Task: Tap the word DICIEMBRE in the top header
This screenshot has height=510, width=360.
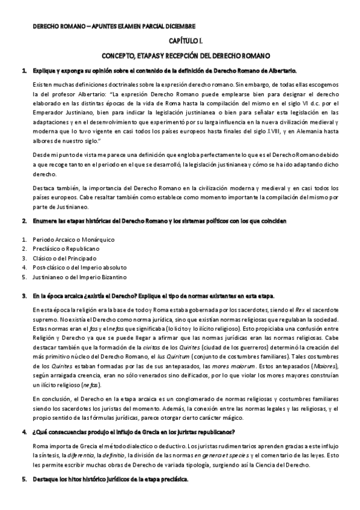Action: [177, 26]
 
